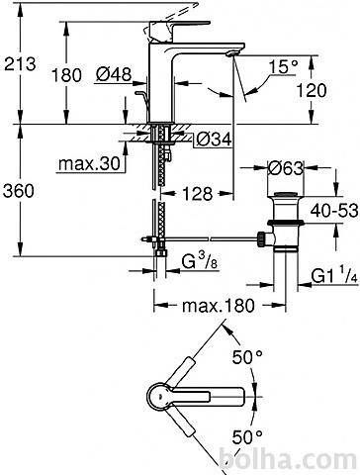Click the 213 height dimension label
coord(20,63)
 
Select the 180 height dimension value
coord(66,75)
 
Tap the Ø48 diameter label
coord(114,74)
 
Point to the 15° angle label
coord(283,67)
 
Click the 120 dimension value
coord(312,90)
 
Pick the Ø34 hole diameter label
coord(214,140)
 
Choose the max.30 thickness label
coord(89,164)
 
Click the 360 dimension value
coord(19,191)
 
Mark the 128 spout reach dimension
coord(197,193)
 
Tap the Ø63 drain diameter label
coord(286,168)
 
